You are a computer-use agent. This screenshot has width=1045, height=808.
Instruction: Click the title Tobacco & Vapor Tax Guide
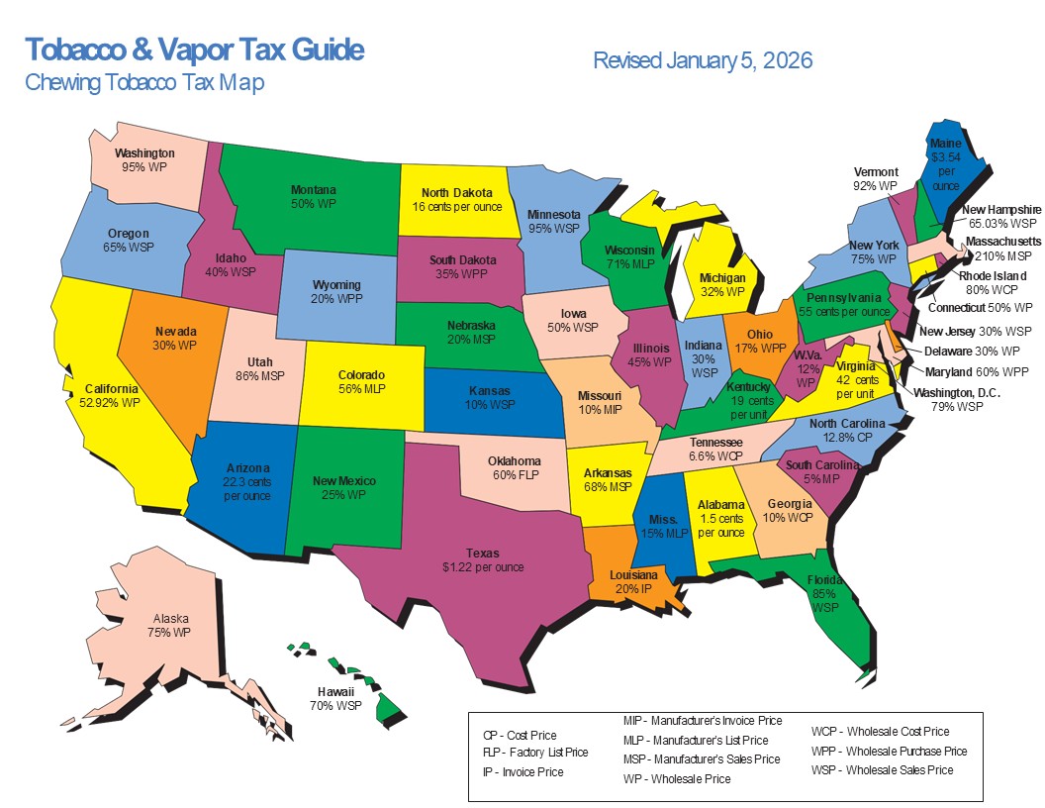pos(194,50)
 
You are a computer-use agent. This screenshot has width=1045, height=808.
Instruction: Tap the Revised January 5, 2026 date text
pos(703,60)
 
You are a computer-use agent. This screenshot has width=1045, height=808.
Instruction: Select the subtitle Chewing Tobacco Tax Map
pos(144,82)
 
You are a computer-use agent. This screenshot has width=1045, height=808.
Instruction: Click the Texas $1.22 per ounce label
pos(483,560)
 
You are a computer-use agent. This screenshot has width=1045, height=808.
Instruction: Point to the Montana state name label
pos(314,189)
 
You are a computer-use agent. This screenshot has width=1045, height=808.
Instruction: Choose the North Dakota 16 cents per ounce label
pos(457,200)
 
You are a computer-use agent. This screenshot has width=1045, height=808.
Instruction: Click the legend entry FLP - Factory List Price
pos(534,753)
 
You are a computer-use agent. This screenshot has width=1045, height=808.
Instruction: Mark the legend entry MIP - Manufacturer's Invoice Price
pos(702,721)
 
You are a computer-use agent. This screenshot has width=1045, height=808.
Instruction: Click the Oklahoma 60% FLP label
pos(515,468)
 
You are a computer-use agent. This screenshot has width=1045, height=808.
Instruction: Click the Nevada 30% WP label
pos(175,339)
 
